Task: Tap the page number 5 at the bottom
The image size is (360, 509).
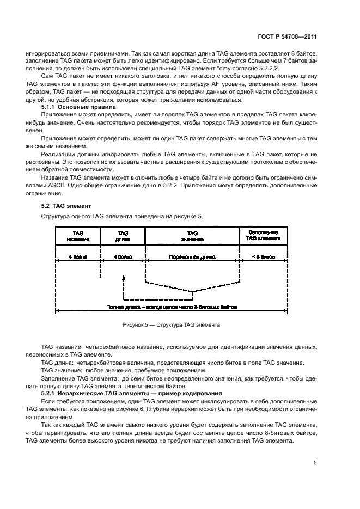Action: coord(316,463)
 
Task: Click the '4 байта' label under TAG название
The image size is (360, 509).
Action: coord(78,255)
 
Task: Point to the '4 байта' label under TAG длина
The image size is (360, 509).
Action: coord(123,255)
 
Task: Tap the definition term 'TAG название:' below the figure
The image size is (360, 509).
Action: coord(63,347)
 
